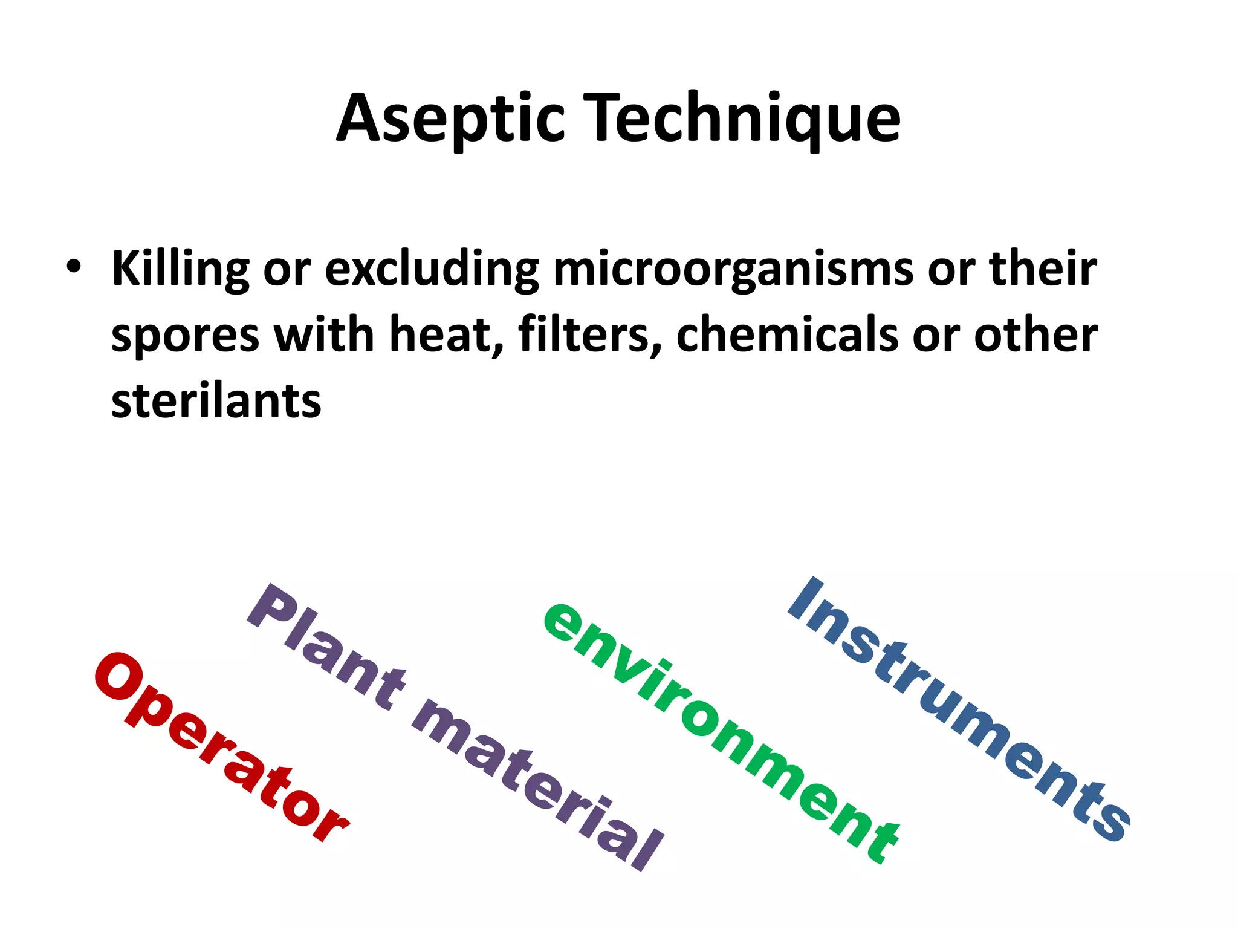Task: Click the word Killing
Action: click(180, 269)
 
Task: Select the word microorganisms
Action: click(733, 269)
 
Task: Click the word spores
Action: click(185, 336)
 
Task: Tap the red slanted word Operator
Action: click(221, 748)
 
